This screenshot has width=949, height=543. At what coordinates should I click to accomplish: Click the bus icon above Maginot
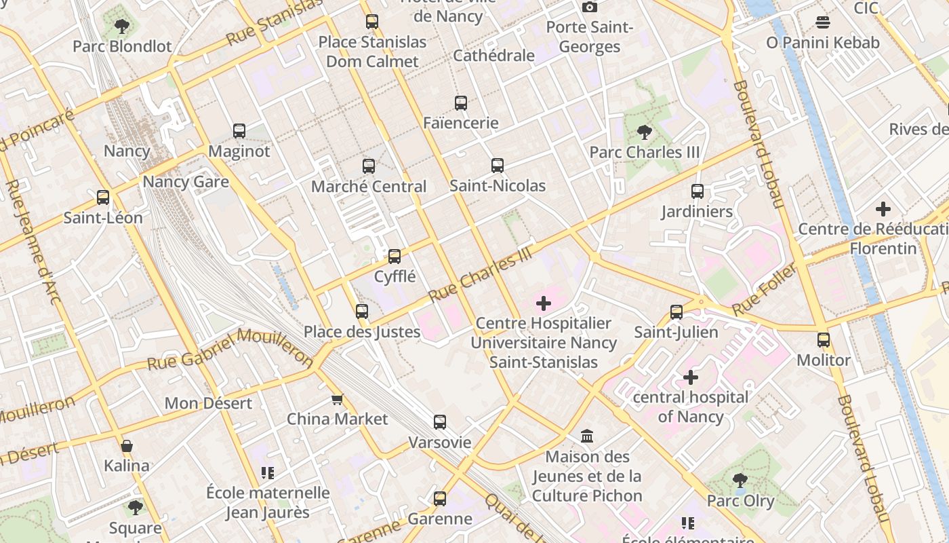pos(239,131)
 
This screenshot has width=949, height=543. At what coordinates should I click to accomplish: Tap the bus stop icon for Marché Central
pos(369,166)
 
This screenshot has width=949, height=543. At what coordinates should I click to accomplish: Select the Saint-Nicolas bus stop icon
pos(498,166)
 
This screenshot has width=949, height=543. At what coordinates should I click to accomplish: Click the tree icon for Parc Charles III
pos(644,132)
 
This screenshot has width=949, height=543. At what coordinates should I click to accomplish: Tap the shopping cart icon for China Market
pos(337,399)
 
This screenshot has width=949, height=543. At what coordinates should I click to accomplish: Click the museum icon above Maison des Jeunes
pos(587,436)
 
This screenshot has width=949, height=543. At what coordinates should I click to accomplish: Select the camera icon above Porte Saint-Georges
pos(590,7)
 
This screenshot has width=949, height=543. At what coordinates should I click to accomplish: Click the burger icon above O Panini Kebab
pos(823,22)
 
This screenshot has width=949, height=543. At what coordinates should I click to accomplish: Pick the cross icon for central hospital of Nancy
pos(690,377)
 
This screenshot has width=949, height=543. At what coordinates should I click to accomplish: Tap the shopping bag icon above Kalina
pos(127,446)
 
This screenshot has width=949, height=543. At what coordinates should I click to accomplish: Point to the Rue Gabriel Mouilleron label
pos(230,350)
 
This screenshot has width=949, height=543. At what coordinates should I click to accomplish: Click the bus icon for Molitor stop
pos(823,340)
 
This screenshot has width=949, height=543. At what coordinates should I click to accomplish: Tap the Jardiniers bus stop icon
pos(697,191)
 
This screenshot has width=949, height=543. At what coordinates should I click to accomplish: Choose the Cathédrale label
pos(493,56)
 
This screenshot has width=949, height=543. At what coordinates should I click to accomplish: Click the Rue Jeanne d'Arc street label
pos(33,241)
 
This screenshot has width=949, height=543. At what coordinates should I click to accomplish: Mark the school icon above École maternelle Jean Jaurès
pos(268,473)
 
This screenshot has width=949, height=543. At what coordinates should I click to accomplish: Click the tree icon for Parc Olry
pos(740,481)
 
